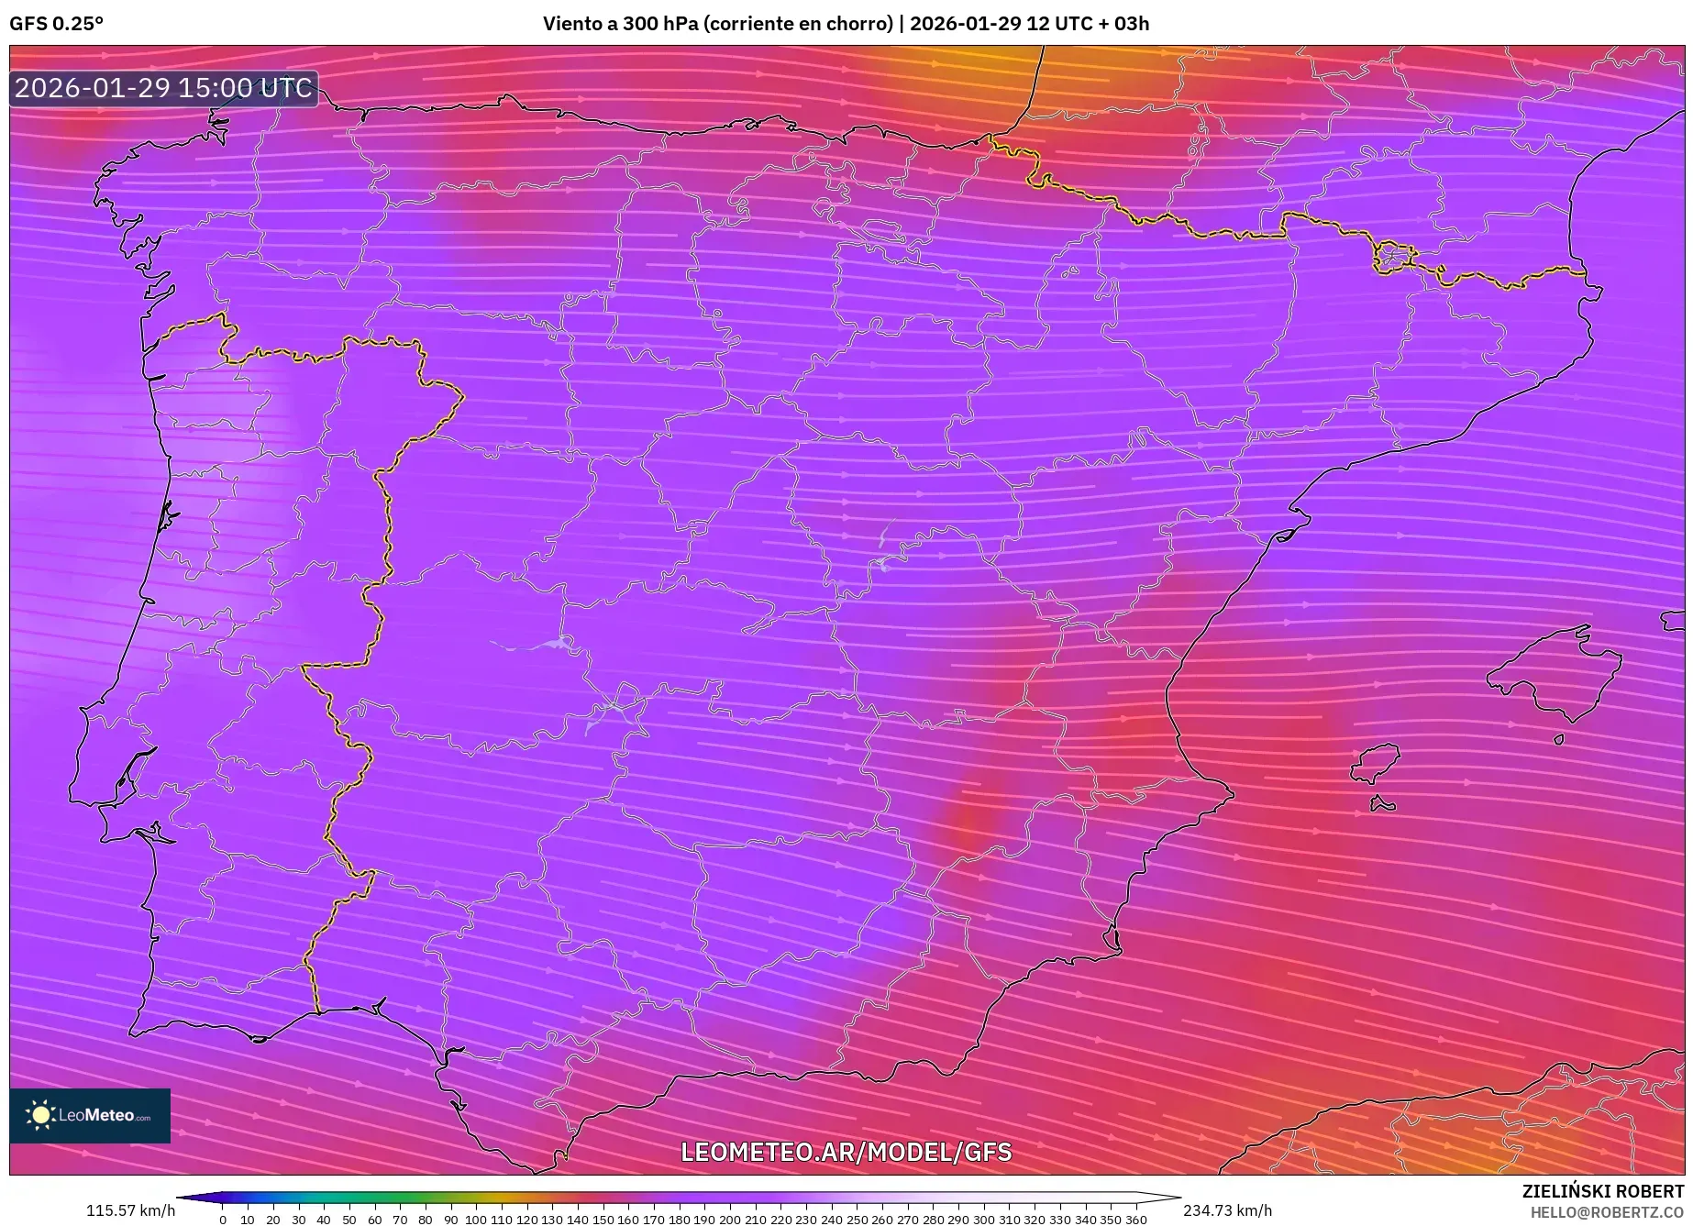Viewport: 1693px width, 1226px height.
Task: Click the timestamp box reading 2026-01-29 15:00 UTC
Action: click(164, 88)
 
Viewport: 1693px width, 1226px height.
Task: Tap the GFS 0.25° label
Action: click(56, 24)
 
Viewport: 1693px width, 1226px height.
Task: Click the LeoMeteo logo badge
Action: click(90, 1115)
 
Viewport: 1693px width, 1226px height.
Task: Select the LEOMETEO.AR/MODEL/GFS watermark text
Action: click(846, 1152)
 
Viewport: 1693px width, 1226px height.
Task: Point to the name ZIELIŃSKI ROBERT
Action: click(1602, 1191)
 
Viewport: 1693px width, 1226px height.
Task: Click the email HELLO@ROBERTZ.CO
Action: click(1606, 1212)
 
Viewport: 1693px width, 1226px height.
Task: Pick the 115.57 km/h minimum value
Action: click(130, 1210)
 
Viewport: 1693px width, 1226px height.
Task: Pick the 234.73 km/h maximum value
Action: click(1227, 1210)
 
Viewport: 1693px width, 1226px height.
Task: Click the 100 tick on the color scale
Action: click(475, 1220)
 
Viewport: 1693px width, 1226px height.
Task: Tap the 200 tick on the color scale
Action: click(729, 1220)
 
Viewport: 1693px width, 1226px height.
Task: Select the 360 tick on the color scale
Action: click(1135, 1220)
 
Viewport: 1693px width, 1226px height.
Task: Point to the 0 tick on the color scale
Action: click(222, 1220)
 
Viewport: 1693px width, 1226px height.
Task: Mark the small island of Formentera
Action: click(1382, 805)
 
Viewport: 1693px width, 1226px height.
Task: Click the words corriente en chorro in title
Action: click(797, 24)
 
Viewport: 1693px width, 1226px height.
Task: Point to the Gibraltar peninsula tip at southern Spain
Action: click(535, 1169)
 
